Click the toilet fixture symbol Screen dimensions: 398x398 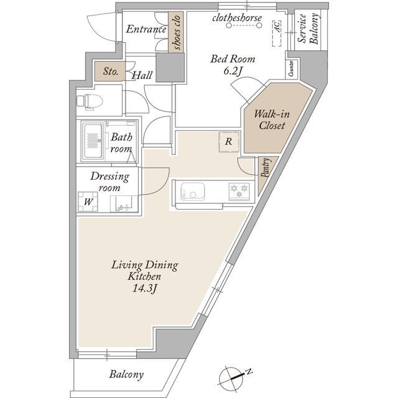click(x=90, y=102)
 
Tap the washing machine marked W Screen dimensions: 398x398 click(x=88, y=201)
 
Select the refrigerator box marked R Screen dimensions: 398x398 click(x=229, y=142)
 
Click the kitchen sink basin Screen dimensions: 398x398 click(x=192, y=191)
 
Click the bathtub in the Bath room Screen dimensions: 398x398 click(x=93, y=141)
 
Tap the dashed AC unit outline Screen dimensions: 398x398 click(x=277, y=34)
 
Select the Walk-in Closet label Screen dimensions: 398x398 click(x=272, y=119)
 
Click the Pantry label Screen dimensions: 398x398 click(x=266, y=167)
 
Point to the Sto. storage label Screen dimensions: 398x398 click(x=111, y=72)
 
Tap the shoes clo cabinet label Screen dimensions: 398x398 click(x=176, y=32)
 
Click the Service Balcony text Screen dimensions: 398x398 click(x=308, y=29)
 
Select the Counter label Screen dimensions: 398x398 click(x=292, y=68)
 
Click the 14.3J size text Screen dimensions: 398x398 click(x=145, y=289)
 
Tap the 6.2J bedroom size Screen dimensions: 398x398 click(x=233, y=72)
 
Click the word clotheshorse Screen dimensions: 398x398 click(x=237, y=18)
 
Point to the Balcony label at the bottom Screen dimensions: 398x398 click(x=126, y=374)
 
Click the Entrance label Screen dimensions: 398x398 click(x=146, y=29)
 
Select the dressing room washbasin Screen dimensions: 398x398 click(x=124, y=203)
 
